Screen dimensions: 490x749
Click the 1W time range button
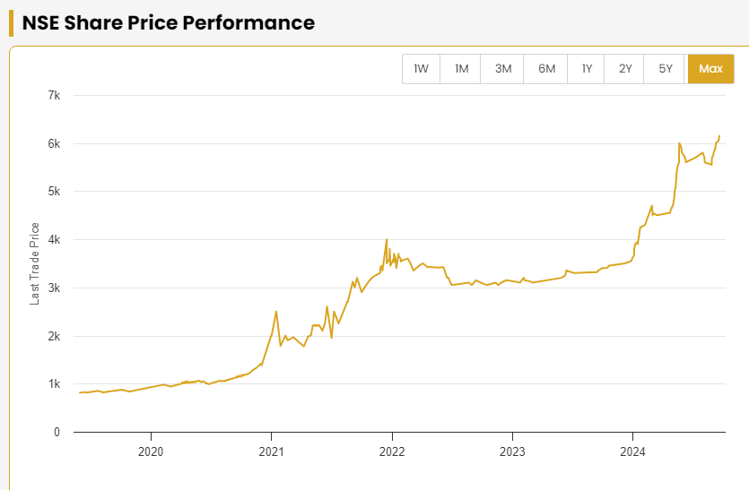(x=421, y=69)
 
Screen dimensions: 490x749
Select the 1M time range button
(x=461, y=69)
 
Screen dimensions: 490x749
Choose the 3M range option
(x=503, y=69)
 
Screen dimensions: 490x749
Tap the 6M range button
(x=546, y=69)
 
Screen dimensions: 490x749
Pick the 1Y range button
(x=587, y=69)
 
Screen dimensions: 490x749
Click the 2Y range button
(x=625, y=69)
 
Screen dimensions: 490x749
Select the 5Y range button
(x=666, y=69)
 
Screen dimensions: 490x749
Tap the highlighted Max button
(x=710, y=69)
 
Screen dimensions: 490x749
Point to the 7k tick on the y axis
(x=53, y=95)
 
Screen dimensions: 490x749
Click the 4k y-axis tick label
(x=53, y=239)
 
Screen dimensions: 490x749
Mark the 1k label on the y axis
(x=53, y=384)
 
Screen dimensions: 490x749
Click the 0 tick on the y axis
(x=56, y=433)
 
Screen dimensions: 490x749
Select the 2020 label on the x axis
(x=151, y=451)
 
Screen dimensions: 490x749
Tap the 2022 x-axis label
(x=392, y=451)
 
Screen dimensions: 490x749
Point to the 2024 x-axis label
(x=633, y=451)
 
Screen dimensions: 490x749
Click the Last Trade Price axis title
(x=35, y=263)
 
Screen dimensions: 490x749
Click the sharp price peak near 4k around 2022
(x=387, y=239)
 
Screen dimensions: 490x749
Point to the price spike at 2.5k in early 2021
(x=276, y=312)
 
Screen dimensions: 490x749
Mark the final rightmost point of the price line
(x=719, y=136)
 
